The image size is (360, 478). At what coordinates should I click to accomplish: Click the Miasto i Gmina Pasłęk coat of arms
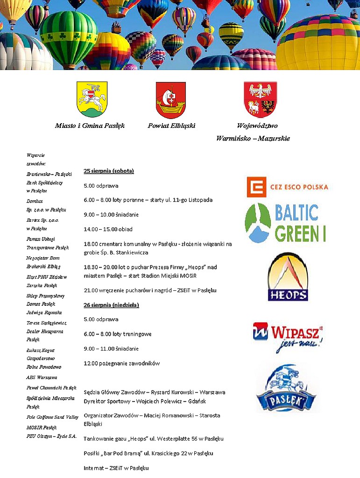(92, 99)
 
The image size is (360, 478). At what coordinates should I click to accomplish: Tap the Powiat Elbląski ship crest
(170, 100)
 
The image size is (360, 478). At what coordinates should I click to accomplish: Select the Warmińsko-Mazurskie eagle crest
(260, 99)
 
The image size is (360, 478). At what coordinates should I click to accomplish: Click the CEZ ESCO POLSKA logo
(287, 187)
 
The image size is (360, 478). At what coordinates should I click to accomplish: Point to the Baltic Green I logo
(285, 223)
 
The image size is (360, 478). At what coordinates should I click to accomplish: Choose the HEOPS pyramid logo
(288, 277)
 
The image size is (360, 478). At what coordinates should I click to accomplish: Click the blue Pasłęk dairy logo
(286, 388)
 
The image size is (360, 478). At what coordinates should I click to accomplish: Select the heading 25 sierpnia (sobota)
(109, 171)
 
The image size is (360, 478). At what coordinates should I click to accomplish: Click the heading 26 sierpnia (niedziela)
(111, 305)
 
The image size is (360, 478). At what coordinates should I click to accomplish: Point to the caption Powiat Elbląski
(171, 126)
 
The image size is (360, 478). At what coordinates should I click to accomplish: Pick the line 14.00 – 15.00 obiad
(108, 229)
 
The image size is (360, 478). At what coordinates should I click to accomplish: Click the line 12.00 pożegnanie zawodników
(122, 363)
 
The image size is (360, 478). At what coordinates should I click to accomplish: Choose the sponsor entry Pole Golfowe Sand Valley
(52, 417)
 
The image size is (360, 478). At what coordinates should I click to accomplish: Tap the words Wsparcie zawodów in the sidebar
(36, 159)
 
